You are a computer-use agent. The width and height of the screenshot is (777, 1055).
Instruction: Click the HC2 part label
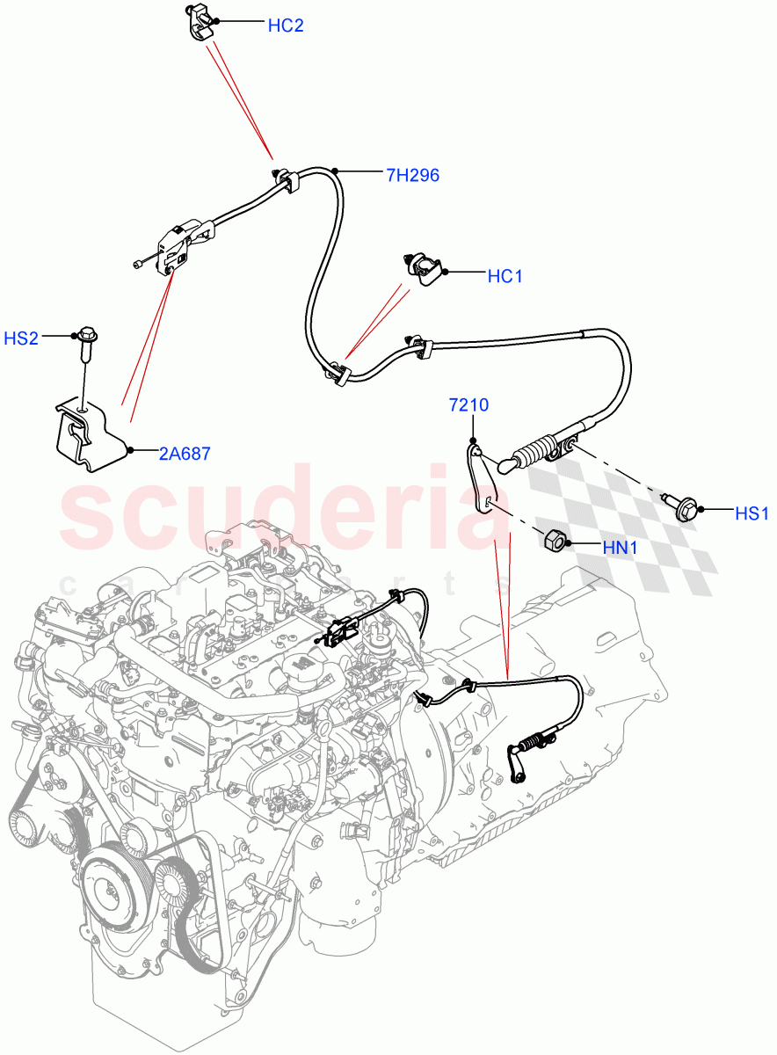coord(285,25)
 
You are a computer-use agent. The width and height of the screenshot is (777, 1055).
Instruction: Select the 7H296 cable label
coord(412,175)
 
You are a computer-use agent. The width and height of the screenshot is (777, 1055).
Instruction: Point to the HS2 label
coord(21,338)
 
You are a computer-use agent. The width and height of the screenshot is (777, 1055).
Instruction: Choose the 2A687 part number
coord(185,454)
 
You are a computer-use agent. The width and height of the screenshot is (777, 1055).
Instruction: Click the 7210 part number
coord(468,406)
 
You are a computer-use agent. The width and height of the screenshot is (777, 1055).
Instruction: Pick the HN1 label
coord(621,546)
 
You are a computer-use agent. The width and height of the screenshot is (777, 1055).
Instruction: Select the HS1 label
coord(752,513)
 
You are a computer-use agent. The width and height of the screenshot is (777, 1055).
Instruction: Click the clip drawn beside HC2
coord(200,22)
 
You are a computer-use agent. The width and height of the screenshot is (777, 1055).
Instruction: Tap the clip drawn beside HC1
coord(425,268)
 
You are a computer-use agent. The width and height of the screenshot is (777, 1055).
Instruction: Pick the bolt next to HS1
coord(683,506)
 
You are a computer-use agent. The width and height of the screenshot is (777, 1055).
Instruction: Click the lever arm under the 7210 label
coord(481,479)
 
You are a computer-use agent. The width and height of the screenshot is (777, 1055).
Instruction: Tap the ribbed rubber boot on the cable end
coord(533,455)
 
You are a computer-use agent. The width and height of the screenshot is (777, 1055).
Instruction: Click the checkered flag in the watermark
coord(634,519)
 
